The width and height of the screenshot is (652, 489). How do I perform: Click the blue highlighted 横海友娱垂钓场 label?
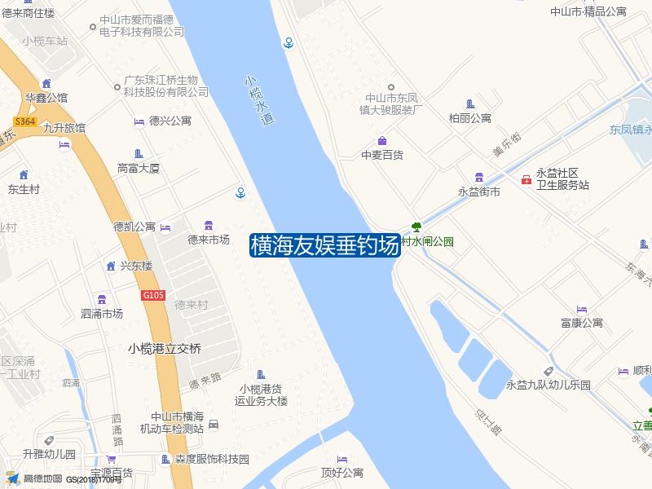tap(324, 244)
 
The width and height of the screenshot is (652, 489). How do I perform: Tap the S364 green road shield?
tap(25, 121)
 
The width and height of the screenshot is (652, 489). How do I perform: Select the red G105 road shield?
tap(153, 295)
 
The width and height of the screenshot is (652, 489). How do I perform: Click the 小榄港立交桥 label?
tap(164, 348)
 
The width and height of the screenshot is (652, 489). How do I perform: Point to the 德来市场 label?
tap(209, 240)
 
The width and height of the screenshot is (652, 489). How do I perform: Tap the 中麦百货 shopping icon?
tap(381, 141)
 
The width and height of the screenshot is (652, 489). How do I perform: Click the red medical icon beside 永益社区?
tap(526, 179)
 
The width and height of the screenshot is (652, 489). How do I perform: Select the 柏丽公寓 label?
tap(470, 118)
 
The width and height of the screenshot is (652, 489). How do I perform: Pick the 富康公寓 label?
tap(582, 323)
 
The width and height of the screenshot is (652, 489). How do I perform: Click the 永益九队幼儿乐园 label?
tap(548, 385)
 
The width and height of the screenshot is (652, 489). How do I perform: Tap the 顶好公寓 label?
tap(342, 473)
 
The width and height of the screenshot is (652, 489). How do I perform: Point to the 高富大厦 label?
tap(139, 169)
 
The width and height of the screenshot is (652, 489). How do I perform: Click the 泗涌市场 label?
tap(102, 313)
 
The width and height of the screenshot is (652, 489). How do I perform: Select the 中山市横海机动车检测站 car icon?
tap(214, 424)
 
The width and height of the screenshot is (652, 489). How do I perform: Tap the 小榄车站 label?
tap(46, 41)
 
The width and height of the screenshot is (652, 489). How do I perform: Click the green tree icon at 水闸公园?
tap(416, 227)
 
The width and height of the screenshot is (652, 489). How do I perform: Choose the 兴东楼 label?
tap(136, 266)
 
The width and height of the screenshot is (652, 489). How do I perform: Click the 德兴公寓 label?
tap(170, 121)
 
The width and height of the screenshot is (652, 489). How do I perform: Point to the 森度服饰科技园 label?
tap(212, 460)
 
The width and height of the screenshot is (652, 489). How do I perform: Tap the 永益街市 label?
tap(479, 192)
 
